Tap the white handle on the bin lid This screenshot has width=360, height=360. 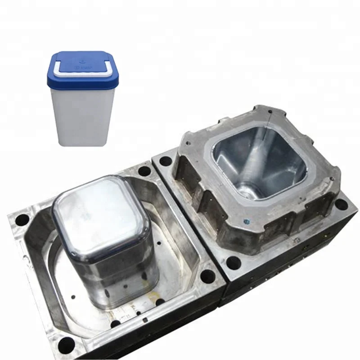click(x=81, y=72)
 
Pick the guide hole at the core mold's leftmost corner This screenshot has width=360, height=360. click(x=22, y=220)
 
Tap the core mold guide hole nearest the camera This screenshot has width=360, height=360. click(x=66, y=345)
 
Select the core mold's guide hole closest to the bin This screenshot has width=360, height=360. click(x=144, y=171)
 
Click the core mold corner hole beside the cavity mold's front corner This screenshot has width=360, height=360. click(x=208, y=275)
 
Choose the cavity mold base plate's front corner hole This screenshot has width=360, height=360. click(x=233, y=263)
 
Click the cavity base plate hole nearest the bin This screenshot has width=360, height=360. click(x=165, y=161)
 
